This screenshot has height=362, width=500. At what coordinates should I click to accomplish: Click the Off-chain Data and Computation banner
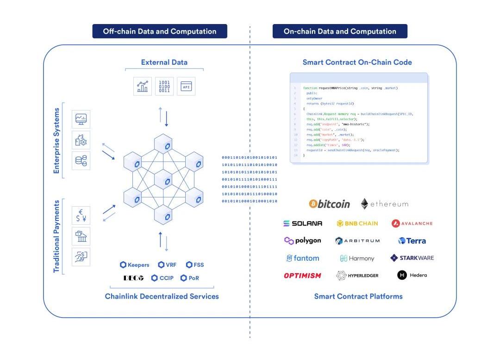click(160, 31)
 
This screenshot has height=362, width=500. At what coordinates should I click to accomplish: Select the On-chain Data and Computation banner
click(340, 31)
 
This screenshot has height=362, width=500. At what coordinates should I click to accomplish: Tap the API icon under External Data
click(186, 86)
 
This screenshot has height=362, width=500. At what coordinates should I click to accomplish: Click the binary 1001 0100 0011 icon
click(164, 86)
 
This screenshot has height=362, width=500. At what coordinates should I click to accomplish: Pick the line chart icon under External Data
click(143, 86)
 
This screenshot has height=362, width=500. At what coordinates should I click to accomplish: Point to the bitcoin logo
click(330, 204)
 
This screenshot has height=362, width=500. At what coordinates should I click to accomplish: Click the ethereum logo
click(385, 204)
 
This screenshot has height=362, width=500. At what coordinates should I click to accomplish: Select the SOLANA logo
click(303, 223)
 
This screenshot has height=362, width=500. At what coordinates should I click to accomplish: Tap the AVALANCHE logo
click(412, 223)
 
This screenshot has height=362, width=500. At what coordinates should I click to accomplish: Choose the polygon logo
click(302, 240)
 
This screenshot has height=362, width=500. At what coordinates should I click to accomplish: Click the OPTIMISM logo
click(302, 276)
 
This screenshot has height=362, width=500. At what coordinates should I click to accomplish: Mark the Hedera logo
click(412, 275)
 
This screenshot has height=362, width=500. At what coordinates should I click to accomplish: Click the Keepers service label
click(135, 265)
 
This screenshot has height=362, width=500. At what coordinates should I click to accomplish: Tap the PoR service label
click(190, 278)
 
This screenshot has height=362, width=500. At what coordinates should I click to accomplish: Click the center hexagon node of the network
click(162, 178)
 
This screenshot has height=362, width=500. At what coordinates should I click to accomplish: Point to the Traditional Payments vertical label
click(57, 236)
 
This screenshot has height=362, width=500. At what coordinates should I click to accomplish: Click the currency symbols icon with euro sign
click(81, 215)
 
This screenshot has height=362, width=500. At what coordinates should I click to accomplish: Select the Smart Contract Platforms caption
click(358, 296)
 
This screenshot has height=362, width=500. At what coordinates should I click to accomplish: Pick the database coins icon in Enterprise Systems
click(81, 161)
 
